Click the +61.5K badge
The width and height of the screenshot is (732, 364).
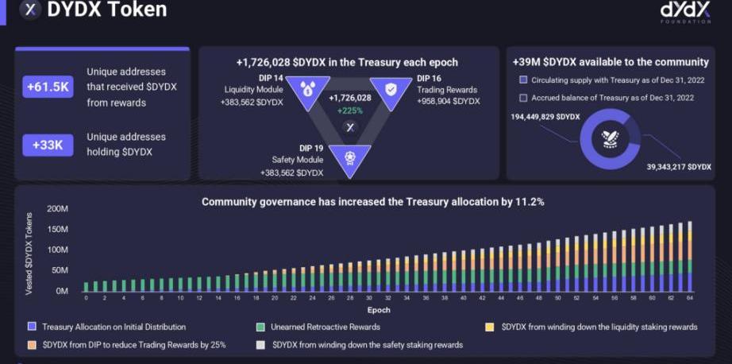pos(48,87)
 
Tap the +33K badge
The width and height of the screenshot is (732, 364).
pos(48,145)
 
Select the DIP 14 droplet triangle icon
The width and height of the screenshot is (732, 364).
pos(307,91)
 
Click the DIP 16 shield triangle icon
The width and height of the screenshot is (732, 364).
pos(391,91)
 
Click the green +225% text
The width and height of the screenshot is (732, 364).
pos(349,110)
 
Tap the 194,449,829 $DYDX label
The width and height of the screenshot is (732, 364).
pos(545,117)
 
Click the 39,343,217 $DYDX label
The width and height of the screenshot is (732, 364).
pos(678,166)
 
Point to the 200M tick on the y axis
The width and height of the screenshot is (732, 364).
pos(58,209)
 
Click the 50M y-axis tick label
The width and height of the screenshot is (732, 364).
pos(60,271)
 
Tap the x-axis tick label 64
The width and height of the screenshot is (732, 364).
pos(690,299)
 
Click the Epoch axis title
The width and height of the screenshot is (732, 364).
pos(379,309)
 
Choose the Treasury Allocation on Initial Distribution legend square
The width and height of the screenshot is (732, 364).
pos(33,327)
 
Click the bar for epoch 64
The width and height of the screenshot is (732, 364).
pos(689,257)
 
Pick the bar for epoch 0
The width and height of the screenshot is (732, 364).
pos(86,287)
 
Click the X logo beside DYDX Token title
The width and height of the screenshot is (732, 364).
pos(31,10)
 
